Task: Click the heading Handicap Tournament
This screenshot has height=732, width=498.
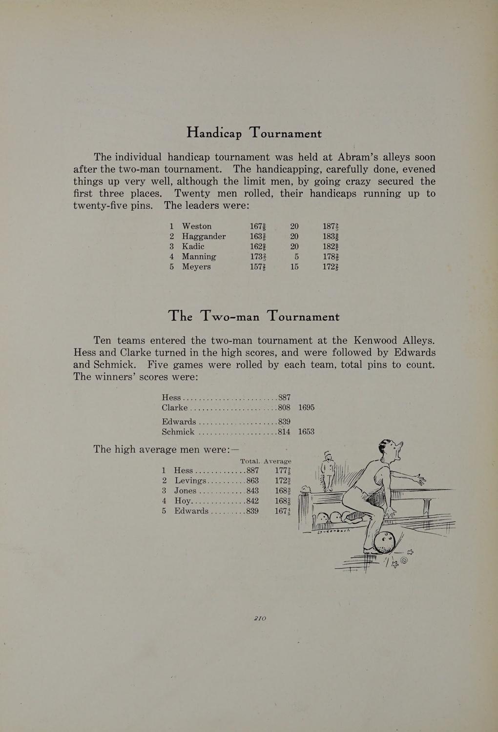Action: tap(254, 133)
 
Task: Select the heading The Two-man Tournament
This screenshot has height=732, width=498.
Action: tap(254, 316)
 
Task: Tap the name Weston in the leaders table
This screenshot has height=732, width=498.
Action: tap(197, 226)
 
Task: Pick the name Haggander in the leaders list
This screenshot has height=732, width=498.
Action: tap(204, 237)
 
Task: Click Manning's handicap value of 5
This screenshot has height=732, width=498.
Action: tap(296, 257)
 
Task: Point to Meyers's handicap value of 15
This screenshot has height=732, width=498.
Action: tap(294, 267)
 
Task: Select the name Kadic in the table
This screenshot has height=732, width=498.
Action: tap(193, 246)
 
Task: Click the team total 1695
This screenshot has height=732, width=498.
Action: tap(306, 407)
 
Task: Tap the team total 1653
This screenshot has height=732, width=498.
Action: tap(306, 432)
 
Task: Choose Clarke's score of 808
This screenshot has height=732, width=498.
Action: tap(284, 407)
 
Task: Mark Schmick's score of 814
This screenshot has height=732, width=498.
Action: tap(284, 432)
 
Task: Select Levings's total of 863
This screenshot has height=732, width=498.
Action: tap(252, 481)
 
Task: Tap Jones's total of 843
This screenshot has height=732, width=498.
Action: tap(252, 491)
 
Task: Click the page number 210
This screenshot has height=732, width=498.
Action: tap(260, 618)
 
